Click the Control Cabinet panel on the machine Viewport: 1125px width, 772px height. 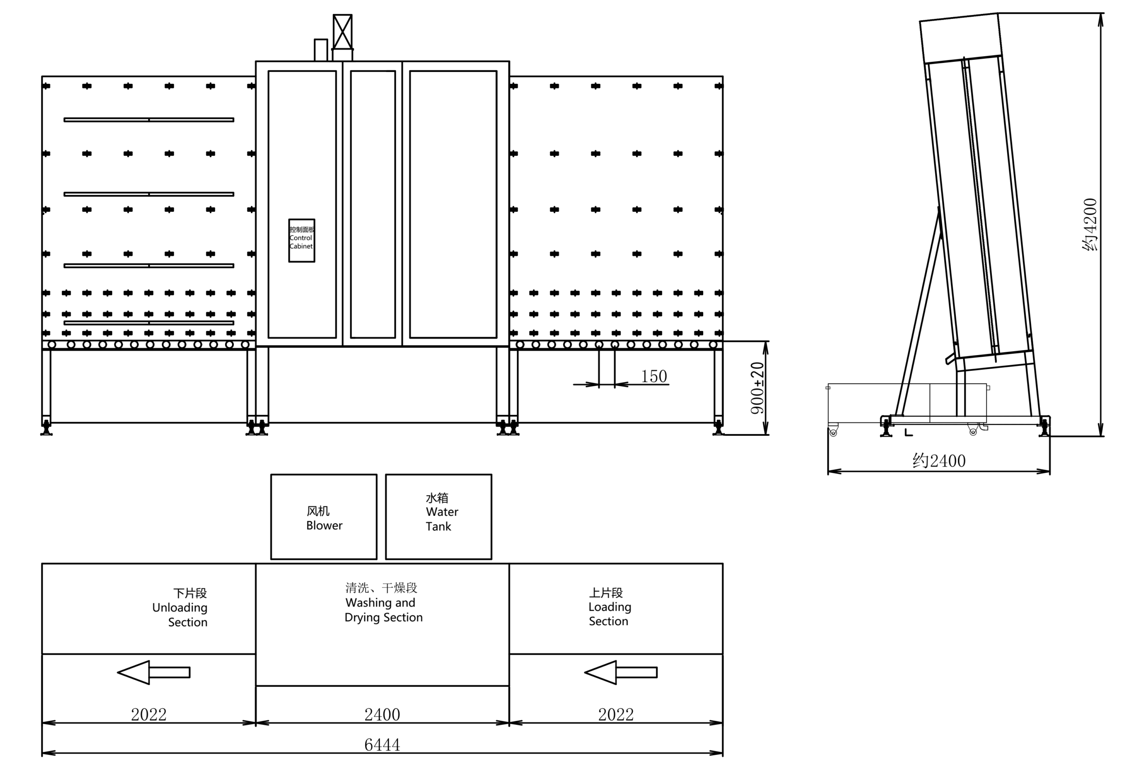coord(301,240)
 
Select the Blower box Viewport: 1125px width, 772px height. coord(324,517)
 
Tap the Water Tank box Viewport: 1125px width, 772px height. coord(439,517)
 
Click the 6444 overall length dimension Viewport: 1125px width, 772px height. coord(382,744)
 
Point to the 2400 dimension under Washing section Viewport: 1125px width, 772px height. coord(382,714)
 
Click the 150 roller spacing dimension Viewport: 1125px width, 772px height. coord(654,376)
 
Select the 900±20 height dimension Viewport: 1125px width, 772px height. coord(757,388)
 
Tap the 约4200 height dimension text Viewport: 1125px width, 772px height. coord(1090,225)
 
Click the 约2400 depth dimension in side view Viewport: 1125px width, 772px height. coord(939,460)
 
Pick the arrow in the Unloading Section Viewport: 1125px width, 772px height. coord(153,672)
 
